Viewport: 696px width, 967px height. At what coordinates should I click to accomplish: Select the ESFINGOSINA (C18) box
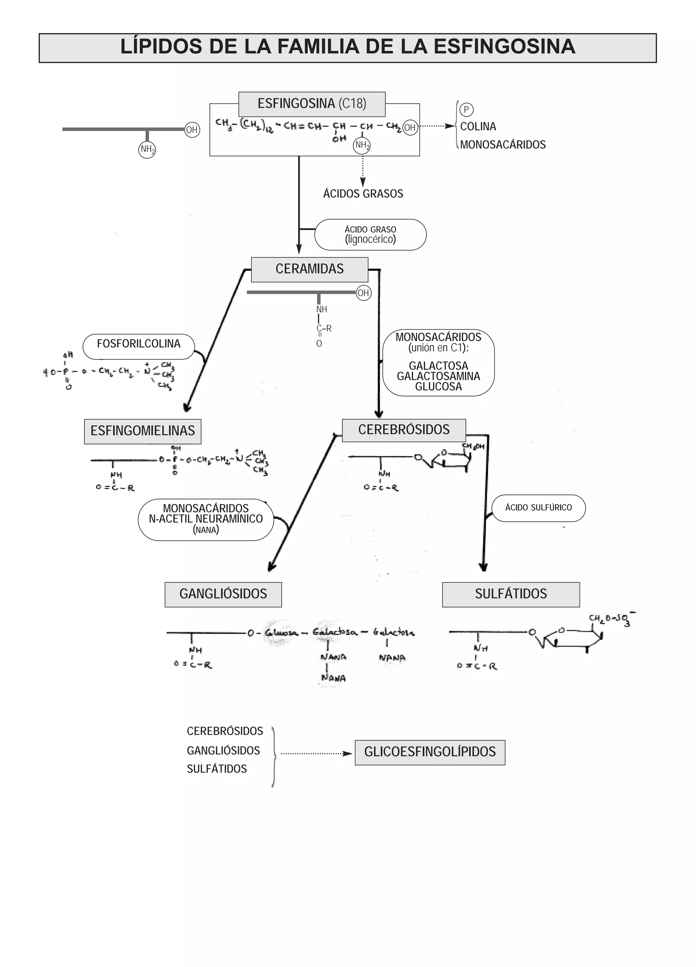(x=312, y=104)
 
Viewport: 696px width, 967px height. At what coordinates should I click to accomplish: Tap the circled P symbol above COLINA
(x=466, y=109)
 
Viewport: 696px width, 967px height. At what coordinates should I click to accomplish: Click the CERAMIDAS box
(x=310, y=269)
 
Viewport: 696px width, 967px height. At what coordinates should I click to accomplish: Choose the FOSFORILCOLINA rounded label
(x=139, y=344)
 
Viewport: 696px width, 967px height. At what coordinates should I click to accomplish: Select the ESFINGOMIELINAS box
(x=142, y=431)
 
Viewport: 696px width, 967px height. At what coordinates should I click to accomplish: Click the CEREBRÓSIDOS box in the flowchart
(x=404, y=430)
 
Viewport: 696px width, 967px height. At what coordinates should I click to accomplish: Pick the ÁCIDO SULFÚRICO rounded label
(x=538, y=507)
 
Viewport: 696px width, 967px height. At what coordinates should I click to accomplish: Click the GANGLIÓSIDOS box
(x=223, y=594)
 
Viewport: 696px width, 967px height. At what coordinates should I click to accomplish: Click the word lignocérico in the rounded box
(x=370, y=239)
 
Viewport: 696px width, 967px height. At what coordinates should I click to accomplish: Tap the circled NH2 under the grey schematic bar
(x=147, y=149)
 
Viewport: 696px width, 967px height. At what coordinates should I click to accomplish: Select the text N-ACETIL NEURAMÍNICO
(x=206, y=519)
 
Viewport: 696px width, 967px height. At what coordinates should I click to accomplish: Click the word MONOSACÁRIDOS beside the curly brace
(x=503, y=145)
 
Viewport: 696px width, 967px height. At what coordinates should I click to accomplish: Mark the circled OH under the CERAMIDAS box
(x=363, y=293)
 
